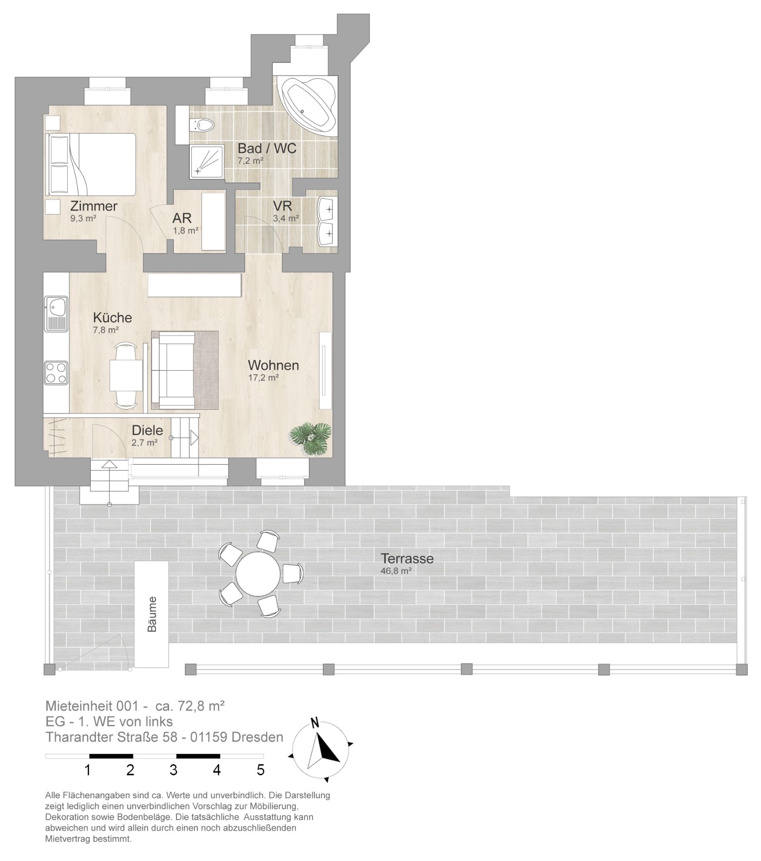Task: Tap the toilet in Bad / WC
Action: pyautogui.click(x=203, y=125)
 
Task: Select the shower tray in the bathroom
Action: pyautogui.click(x=207, y=162)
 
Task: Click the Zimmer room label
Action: pyautogui.click(x=94, y=206)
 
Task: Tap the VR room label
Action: pyautogui.click(x=283, y=205)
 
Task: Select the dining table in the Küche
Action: pyautogui.click(x=126, y=375)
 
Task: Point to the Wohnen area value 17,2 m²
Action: pyautogui.click(x=263, y=378)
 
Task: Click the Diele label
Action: pyautogui.click(x=148, y=430)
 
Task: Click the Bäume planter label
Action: pyautogui.click(x=152, y=614)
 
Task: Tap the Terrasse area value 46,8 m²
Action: pyautogui.click(x=397, y=571)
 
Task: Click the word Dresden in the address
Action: pyautogui.click(x=257, y=737)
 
